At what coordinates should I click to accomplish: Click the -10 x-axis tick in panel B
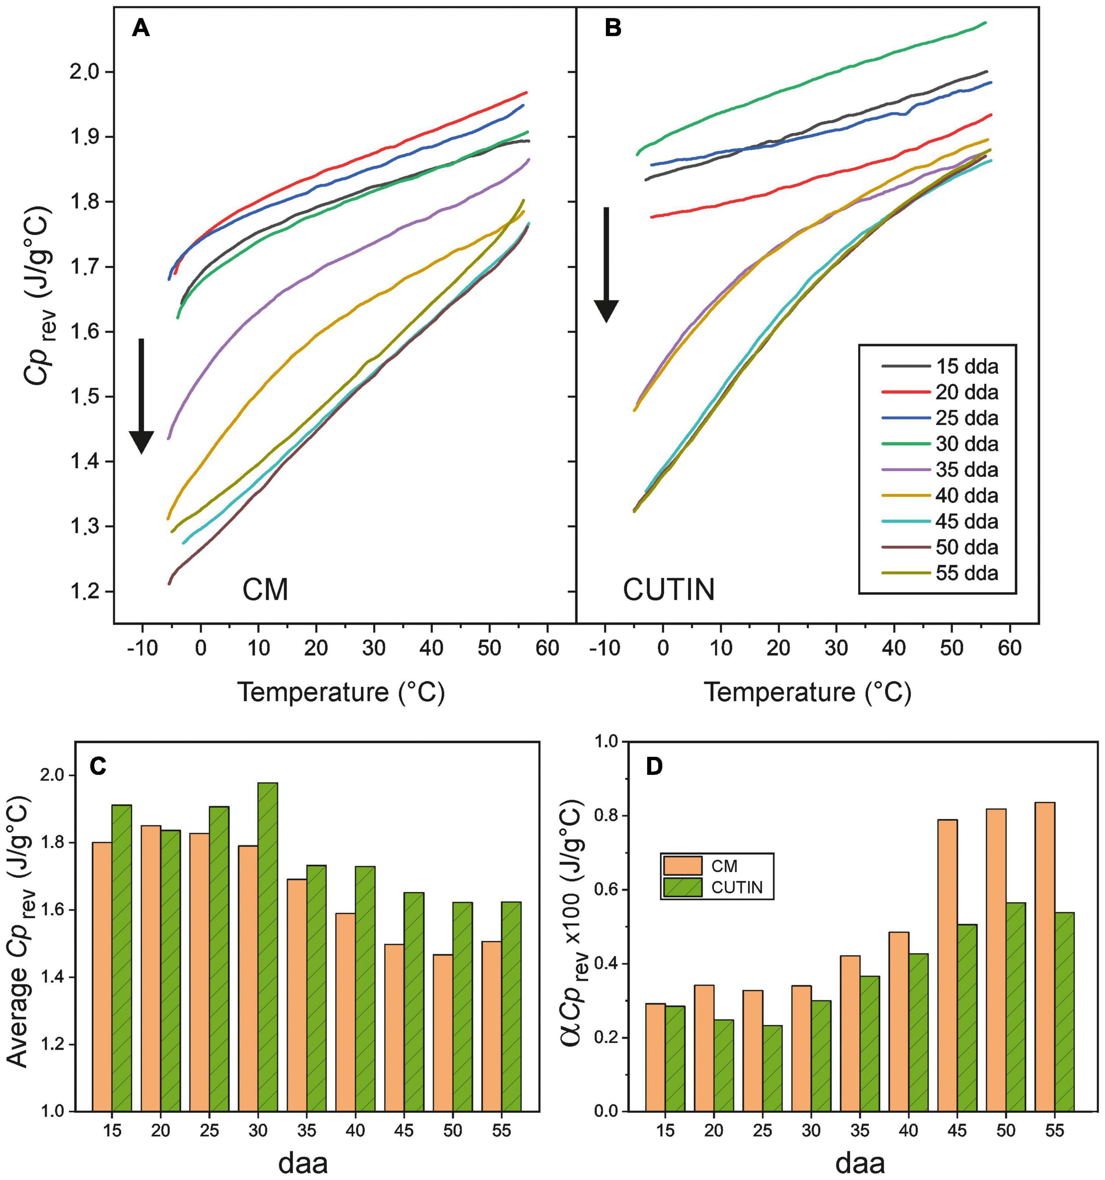tap(605, 647)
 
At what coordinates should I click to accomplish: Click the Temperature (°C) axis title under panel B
tap(808, 693)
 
